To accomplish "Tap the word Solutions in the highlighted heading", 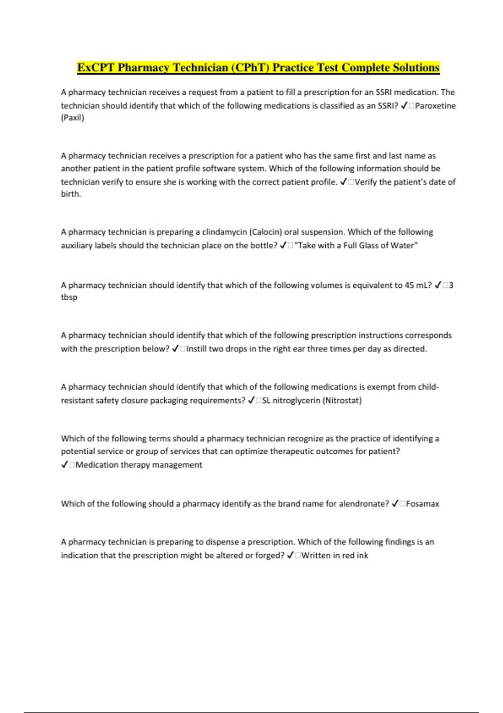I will pyautogui.click(x=416, y=68).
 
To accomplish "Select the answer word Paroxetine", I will pyautogui.click(x=435, y=106).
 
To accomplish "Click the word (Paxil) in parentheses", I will pyautogui.click(x=73, y=118).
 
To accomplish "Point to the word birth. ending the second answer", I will pyautogui.click(x=71, y=194).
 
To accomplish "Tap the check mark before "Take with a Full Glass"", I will pyautogui.click(x=283, y=245).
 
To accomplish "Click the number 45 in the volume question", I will pyautogui.click(x=409, y=285).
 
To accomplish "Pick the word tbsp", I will pyautogui.click(x=69, y=297).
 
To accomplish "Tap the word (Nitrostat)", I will pyautogui.click(x=342, y=401).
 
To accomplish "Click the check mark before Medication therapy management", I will pyautogui.click(x=65, y=465).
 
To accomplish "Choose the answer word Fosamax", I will pyautogui.click(x=423, y=504).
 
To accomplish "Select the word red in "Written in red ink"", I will pyautogui.click(x=349, y=555).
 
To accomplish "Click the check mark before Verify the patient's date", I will pyautogui.click(x=343, y=182).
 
